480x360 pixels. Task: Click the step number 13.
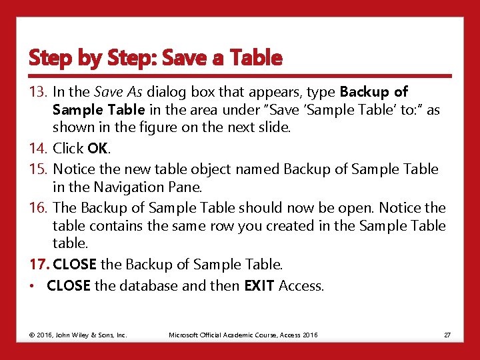pyautogui.click(x=38, y=91)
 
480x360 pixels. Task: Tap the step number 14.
pyautogui.click(x=38, y=148)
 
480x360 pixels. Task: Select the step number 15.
pyautogui.click(x=38, y=169)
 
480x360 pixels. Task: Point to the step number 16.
pyautogui.click(x=38, y=209)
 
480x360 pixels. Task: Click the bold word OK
pyautogui.click(x=97, y=148)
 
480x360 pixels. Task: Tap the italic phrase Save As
pyautogui.click(x=119, y=91)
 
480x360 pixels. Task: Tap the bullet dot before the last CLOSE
pyautogui.click(x=32, y=287)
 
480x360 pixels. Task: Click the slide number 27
pyautogui.click(x=447, y=334)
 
